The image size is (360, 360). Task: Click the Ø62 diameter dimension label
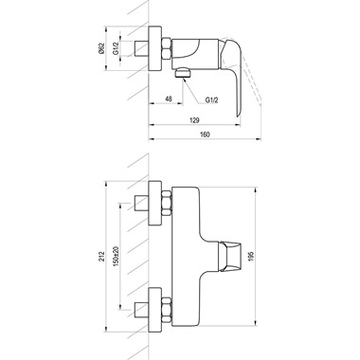[x=101, y=48]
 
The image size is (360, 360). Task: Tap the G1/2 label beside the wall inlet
[x=116, y=48]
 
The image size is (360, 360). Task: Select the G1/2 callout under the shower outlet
[x=211, y=99]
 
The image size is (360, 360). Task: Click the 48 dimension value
[x=169, y=99]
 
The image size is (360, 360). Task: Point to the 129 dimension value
[x=195, y=120]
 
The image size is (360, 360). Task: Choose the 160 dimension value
[x=205, y=135]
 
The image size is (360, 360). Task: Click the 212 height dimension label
[x=101, y=256]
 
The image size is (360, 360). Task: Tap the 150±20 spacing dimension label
[x=116, y=255]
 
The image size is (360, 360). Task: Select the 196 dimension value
[x=251, y=256]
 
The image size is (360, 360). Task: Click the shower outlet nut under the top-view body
[x=183, y=73]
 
